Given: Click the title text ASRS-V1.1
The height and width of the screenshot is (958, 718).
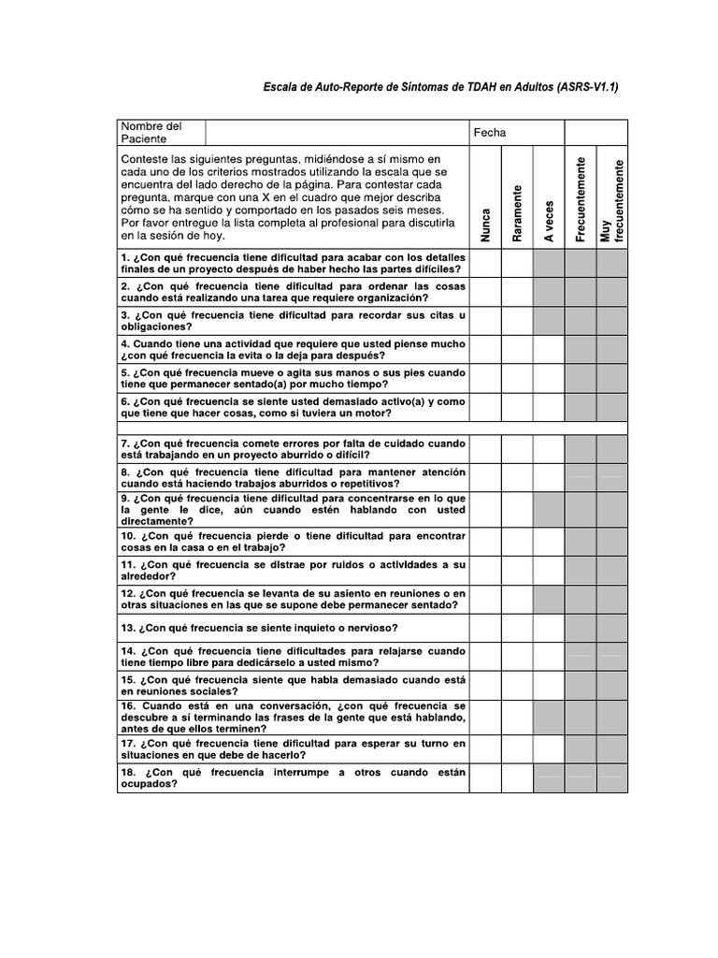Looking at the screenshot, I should point(439,87).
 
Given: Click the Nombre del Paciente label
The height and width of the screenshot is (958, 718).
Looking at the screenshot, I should point(150,133).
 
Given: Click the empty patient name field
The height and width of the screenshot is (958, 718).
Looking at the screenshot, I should point(337,133).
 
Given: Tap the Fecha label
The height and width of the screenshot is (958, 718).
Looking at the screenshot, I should point(489,133).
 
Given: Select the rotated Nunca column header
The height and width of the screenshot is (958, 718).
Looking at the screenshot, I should point(485,225).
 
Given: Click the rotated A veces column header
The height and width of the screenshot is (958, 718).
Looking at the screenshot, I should point(549,221).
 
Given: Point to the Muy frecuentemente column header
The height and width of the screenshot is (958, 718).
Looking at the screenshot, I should point(612,201).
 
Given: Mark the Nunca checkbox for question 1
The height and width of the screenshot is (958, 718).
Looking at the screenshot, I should point(485,264).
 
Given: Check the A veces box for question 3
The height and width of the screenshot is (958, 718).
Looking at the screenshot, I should point(549,321).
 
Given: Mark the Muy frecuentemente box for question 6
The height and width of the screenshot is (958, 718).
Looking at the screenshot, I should point(612,407).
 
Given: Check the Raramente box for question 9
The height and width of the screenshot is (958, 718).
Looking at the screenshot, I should point(517,509).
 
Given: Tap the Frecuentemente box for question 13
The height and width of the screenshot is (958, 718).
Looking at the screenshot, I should point(581,627).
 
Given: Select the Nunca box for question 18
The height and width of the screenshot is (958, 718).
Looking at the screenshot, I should point(485,777).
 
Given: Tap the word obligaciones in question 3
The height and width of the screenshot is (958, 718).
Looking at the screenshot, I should point(155,327).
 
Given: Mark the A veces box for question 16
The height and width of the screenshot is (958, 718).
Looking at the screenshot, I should point(549,717).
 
